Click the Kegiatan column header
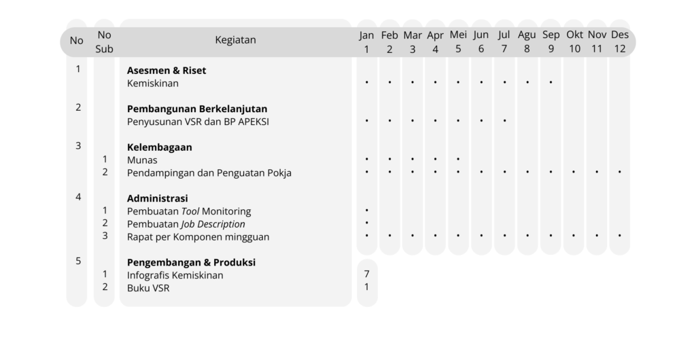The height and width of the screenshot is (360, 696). (235, 40)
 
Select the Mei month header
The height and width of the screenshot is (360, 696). (458, 41)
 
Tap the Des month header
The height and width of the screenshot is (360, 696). (619, 41)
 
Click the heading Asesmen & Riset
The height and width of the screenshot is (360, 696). (167, 70)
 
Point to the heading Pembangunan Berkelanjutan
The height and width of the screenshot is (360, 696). (197, 109)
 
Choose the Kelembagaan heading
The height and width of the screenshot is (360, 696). (160, 147)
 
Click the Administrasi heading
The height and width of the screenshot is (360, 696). (158, 198)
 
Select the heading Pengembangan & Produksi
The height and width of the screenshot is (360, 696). (191, 262)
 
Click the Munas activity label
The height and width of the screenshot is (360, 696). (142, 160)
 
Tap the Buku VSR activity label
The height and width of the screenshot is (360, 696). (148, 288)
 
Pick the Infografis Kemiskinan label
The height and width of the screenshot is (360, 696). (175, 275)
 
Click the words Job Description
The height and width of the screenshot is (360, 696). (213, 224)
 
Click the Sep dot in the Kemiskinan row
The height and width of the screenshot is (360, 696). (551, 83)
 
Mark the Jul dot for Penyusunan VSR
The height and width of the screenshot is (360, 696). (504, 121)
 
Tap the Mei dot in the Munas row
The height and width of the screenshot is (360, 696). (458, 160)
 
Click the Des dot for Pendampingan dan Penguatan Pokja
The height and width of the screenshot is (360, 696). (619, 173)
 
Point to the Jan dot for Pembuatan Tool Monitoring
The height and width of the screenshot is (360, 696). (366, 211)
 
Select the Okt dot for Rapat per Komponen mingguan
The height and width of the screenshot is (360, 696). (574, 236)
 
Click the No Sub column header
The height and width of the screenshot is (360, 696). (104, 41)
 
